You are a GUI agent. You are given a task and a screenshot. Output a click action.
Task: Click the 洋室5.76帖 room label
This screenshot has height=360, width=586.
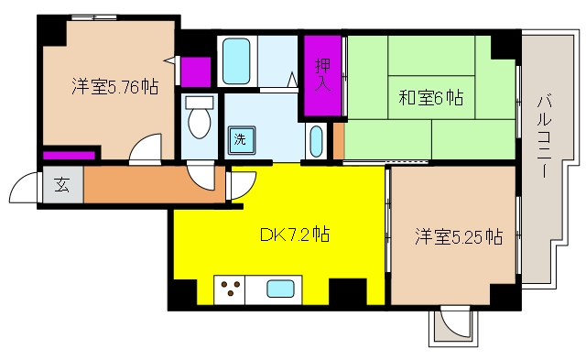[x=115, y=87]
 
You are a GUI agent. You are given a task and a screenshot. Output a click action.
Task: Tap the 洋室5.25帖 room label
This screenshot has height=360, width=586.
[x=459, y=236]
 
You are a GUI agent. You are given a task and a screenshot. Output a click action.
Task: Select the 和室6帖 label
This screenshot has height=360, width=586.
[x=431, y=98]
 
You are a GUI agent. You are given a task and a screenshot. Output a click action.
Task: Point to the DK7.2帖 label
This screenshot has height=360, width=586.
[x=295, y=235]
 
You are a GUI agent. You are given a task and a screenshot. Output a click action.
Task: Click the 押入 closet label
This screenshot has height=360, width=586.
[x=322, y=74]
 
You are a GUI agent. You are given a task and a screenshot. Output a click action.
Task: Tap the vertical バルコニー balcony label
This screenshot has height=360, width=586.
[x=545, y=136]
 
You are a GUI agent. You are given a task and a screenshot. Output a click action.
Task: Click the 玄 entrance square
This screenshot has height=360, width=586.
[x=63, y=185]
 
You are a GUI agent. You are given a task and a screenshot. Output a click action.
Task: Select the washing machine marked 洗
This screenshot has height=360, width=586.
[x=242, y=140]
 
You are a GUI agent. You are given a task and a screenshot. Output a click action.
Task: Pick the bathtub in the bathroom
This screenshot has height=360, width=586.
[x=236, y=61]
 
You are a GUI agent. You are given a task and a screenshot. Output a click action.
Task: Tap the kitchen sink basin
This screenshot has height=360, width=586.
[x=280, y=289]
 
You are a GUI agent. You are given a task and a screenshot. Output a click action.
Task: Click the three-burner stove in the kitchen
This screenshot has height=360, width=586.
[x=230, y=289]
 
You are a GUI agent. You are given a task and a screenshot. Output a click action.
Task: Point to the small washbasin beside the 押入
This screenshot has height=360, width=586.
[x=316, y=141]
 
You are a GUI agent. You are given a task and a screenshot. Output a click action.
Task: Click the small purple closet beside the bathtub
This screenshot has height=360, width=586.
[x=196, y=71]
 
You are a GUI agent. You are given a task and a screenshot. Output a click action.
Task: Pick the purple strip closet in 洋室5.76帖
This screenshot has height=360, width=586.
[x=69, y=155]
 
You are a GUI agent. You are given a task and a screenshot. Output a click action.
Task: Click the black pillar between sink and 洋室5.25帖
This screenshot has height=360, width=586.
[x=348, y=291]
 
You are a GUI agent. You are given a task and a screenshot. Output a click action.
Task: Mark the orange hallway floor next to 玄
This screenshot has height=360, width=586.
[x=154, y=185]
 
